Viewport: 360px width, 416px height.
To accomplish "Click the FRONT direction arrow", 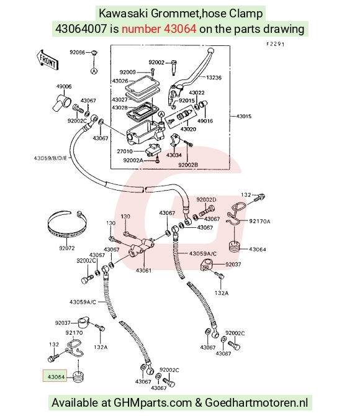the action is click(47, 60).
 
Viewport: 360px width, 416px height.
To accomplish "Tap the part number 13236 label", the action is click(214, 78).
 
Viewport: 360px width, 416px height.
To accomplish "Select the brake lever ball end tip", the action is click(210, 50).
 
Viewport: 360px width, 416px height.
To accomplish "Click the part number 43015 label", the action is click(244, 116).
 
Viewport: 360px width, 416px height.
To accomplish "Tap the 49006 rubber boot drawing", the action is click(61, 102).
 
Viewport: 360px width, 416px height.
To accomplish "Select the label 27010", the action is click(124, 151).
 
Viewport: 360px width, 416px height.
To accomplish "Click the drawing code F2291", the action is click(276, 44).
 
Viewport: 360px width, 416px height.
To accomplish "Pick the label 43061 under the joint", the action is click(143, 270).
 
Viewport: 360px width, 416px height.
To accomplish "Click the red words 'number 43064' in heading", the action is click(159, 29).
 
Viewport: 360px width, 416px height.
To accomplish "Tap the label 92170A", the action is click(259, 221).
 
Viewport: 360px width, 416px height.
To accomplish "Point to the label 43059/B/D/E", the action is click(50, 158).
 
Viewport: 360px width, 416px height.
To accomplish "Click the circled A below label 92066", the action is click(94, 71).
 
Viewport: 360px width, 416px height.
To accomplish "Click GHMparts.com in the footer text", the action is click(153, 403).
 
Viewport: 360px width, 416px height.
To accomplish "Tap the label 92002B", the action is click(188, 165).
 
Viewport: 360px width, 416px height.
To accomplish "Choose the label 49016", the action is click(205, 121).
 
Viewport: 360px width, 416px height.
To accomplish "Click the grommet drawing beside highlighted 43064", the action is click(78, 377).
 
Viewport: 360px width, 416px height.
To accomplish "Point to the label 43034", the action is click(174, 155).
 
